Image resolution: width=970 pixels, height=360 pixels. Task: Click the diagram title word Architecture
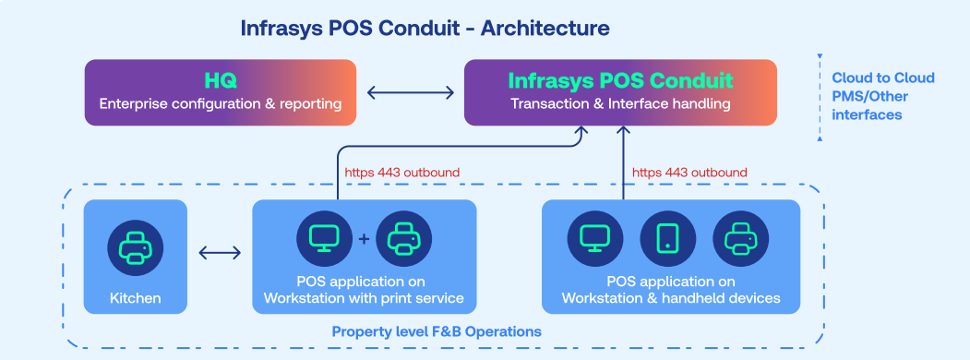(x=545, y=29)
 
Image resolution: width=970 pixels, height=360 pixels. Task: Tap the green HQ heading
(x=221, y=81)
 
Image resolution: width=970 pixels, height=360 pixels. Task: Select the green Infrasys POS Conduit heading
(x=620, y=81)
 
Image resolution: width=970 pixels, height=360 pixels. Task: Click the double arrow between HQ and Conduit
(x=410, y=93)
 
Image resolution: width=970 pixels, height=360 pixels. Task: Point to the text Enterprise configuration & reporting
(x=221, y=104)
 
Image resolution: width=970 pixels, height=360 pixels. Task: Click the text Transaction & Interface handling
(x=620, y=104)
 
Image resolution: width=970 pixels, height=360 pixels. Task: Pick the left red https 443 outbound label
(x=402, y=173)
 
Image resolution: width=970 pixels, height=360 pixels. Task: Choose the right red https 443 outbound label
(x=689, y=173)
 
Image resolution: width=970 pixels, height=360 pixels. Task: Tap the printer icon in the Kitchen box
(x=136, y=248)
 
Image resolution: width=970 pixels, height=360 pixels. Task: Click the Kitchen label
(x=136, y=298)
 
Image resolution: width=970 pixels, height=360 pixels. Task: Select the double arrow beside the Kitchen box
(x=220, y=252)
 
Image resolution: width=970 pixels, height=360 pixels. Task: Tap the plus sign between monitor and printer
(x=364, y=239)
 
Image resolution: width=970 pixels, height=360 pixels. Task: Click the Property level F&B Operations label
(x=437, y=331)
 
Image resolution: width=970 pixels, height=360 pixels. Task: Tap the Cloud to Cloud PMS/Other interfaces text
(x=882, y=97)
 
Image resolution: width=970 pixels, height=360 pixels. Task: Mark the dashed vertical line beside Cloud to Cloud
(x=820, y=98)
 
